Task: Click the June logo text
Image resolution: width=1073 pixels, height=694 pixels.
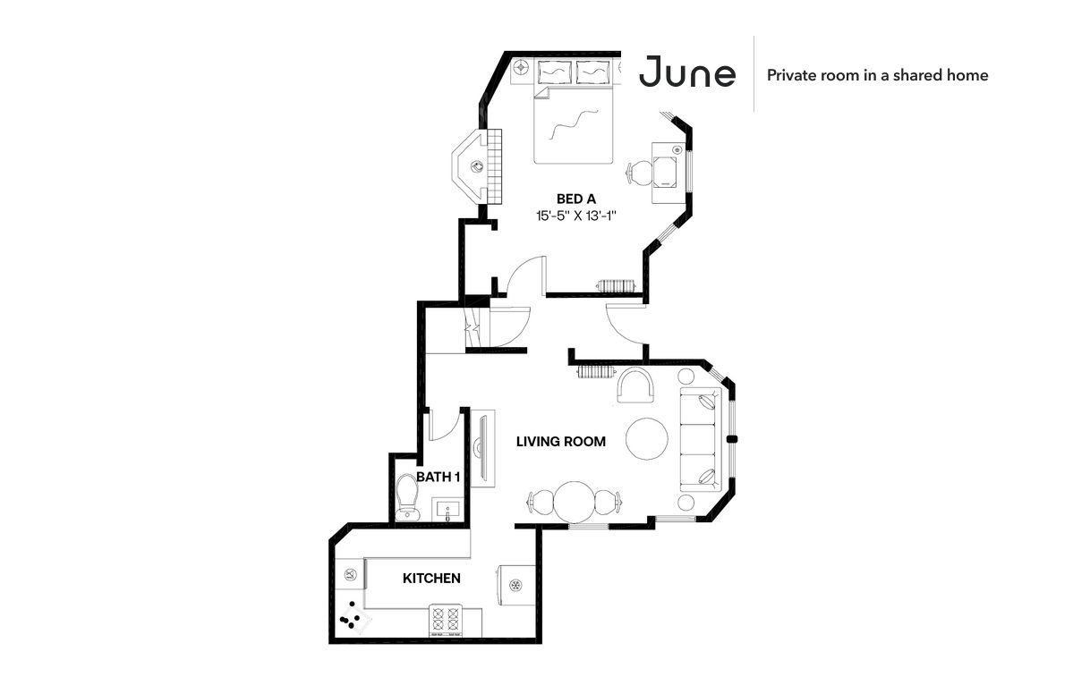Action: pos(687,72)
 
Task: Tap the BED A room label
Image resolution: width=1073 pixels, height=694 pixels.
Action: pos(576,199)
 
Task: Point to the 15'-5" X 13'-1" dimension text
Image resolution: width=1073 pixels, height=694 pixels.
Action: pos(576,216)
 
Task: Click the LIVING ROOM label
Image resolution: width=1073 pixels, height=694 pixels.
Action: pos(561,442)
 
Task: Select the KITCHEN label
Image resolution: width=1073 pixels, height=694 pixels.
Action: pos(431,579)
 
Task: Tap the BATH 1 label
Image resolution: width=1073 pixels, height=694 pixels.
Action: pos(438,477)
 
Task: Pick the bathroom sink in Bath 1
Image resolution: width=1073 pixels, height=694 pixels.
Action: pos(447,510)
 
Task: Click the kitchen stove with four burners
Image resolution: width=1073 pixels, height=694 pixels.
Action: pos(447,621)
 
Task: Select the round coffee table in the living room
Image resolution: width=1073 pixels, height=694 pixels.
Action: pos(647,440)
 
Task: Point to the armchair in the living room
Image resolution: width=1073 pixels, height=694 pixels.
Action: pos(636,385)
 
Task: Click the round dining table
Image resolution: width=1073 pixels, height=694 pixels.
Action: pos(575,503)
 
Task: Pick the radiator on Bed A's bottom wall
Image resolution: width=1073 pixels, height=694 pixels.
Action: pos(617,285)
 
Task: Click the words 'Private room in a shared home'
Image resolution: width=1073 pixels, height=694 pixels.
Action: pos(877,75)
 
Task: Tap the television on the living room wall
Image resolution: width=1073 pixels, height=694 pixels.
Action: pos(481,448)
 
